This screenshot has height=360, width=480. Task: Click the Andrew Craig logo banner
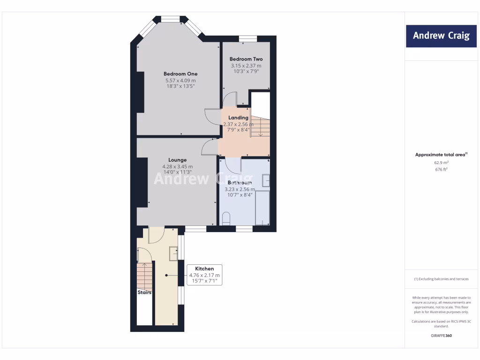tap(441, 36)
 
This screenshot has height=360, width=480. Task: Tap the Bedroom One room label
tap(180, 74)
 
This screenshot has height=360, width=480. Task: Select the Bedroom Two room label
tap(246, 59)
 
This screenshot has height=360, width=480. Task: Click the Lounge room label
tap(178, 160)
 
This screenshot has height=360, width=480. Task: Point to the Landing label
tap(238, 118)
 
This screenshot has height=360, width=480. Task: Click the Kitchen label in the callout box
tap(204, 269)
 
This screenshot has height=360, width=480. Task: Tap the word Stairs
tap(144, 292)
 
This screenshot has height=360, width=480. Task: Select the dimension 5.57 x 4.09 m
tap(180, 80)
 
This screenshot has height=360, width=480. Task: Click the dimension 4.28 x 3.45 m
tap(178, 166)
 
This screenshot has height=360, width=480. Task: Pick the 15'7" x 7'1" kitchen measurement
tap(204, 281)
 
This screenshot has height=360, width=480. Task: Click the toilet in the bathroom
tap(226, 218)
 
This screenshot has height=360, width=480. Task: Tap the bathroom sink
tap(266, 180)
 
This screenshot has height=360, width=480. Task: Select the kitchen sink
tap(173, 253)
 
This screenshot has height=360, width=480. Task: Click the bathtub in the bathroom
tap(262, 208)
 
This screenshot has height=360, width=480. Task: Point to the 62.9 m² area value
tap(441, 163)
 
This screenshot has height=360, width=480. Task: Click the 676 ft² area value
tap(441, 170)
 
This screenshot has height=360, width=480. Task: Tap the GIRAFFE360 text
tap(441, 336)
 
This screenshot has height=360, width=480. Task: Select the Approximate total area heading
tap(441, 154)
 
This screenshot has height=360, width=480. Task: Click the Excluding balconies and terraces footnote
tap(441, 279)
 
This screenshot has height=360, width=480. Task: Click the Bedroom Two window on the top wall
tap(247, 39)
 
